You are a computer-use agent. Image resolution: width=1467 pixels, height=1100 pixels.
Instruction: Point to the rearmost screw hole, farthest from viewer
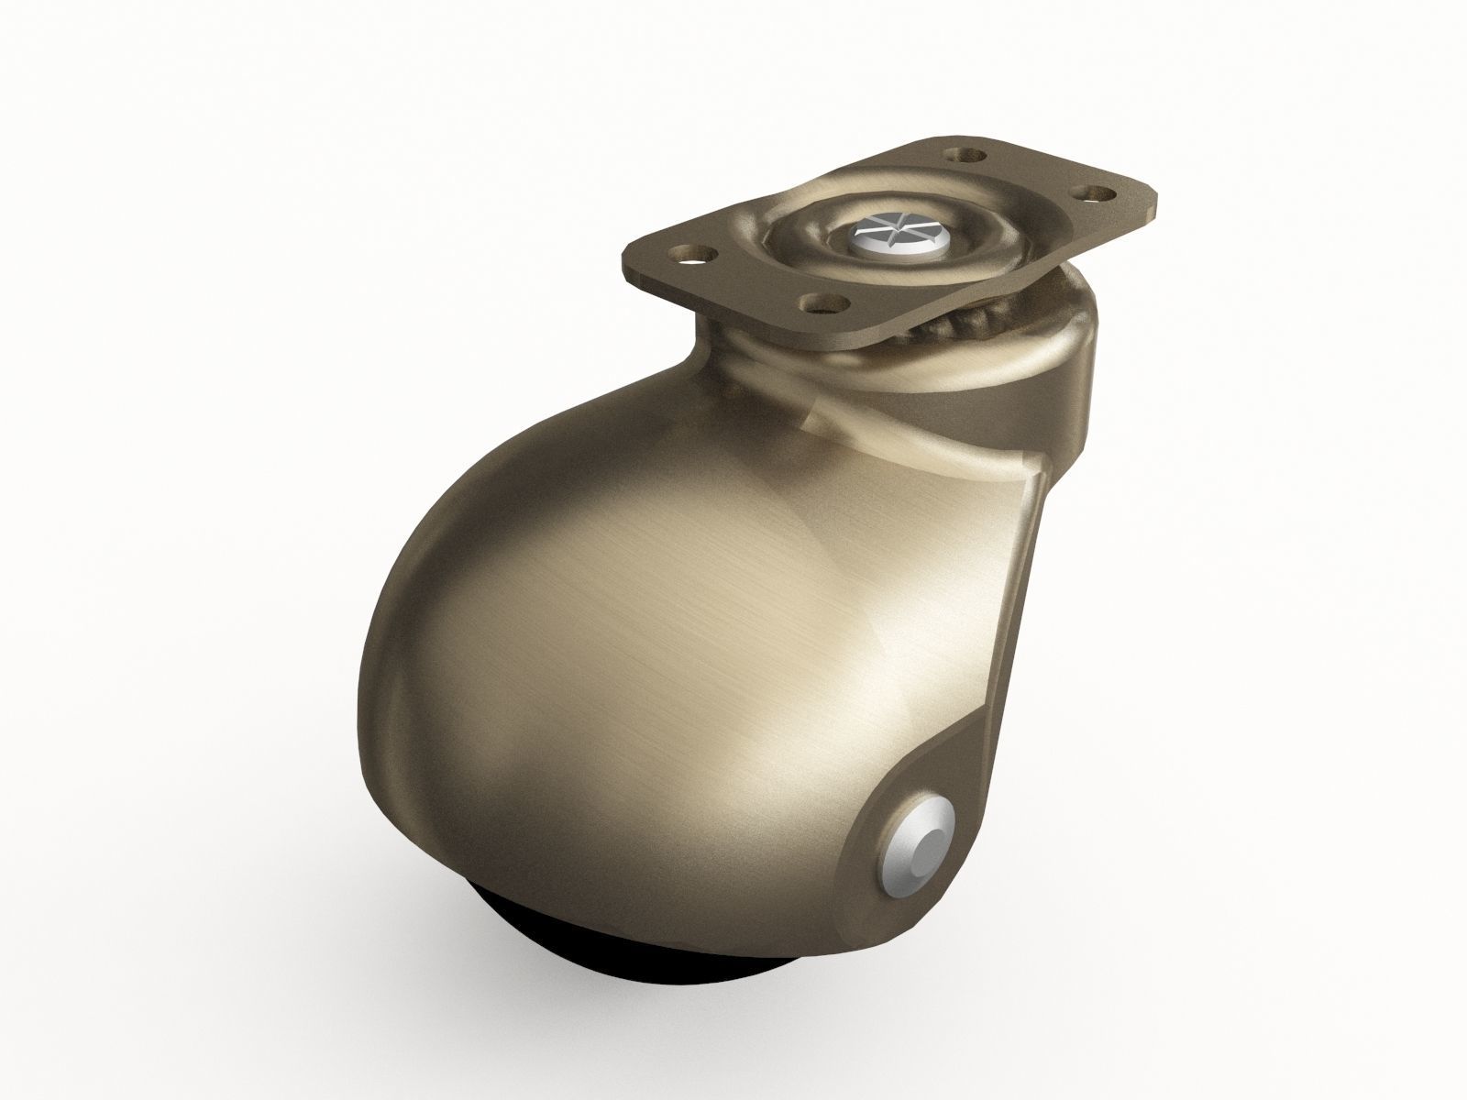tap(965, 155)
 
